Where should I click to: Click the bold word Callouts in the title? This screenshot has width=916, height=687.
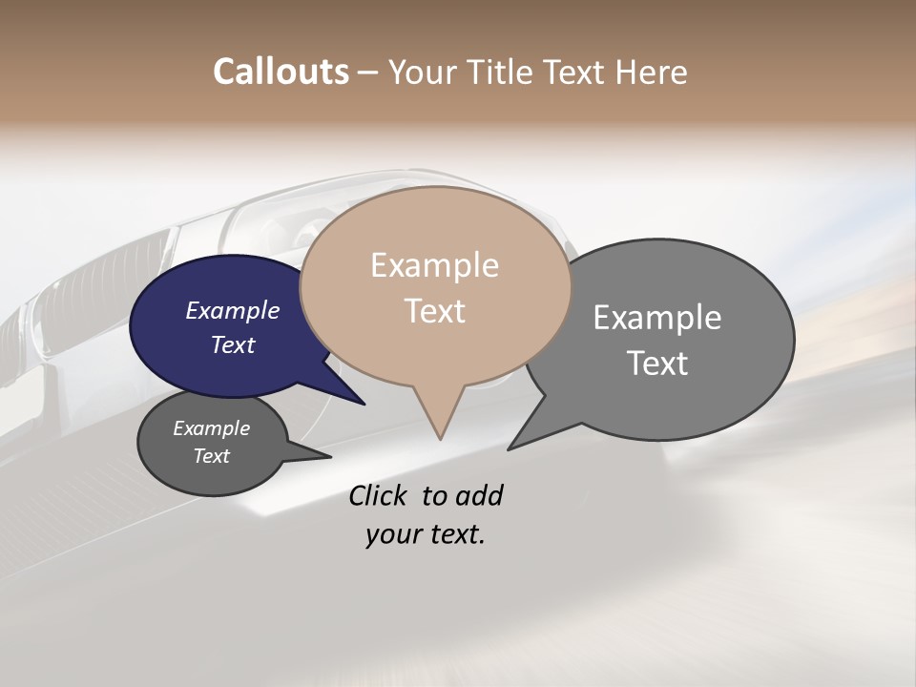click(x=281, y=72)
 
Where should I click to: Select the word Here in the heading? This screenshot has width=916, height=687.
click(x=652, y=72)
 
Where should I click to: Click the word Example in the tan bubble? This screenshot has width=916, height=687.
click(x=434, y=265)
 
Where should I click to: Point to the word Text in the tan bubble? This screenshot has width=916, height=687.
click(x=434, y=311)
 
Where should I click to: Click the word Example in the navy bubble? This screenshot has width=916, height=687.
click(x=232, y=310)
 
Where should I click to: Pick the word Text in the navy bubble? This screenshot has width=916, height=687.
click(x=232, y=344)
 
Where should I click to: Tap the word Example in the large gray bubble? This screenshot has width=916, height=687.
click(x=656, y=318)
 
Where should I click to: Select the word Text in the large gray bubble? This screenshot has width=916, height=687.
click(x=656, y=364)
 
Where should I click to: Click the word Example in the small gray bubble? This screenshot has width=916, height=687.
click(x=211, y=428)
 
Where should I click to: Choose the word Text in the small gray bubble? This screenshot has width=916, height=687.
click(x=211, y=456)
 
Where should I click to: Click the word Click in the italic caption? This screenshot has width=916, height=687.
click(x=379, y=495)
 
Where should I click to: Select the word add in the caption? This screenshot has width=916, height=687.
click(x=480, y=495)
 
